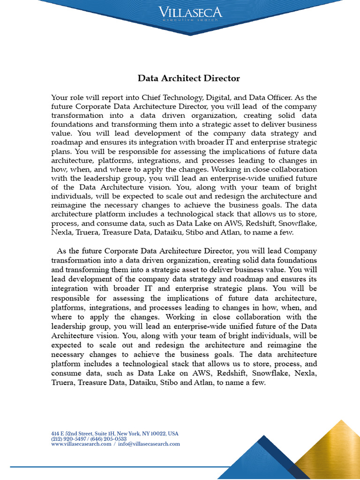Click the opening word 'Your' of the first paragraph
tap(60, 97)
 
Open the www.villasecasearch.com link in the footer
tap(81, 444)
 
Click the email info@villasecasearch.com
tap(149, 444)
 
